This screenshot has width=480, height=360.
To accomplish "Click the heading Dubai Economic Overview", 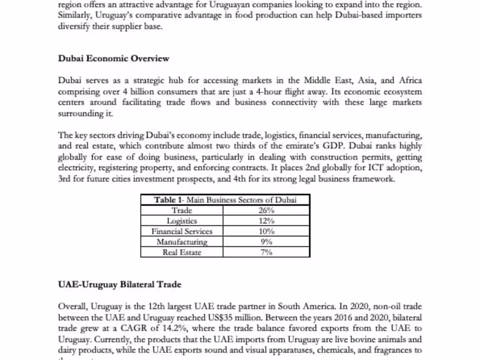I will [113, 58].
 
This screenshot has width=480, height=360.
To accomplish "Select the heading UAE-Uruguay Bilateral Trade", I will [120, 285].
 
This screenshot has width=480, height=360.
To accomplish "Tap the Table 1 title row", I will [225, 200].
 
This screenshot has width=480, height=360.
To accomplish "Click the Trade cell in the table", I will [182, 210].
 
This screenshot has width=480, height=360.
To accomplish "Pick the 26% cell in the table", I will [266, 210].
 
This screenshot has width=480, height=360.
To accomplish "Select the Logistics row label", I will [182, 221].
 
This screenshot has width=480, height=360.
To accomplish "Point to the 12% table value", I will [266, 221].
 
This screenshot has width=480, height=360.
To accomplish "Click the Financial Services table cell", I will [182, 231].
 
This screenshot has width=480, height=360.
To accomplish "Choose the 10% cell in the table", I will [266, 231].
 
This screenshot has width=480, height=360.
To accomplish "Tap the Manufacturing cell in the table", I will [182, 242].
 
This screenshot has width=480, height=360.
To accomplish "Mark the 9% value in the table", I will [266, 242].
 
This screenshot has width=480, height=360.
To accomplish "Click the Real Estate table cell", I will [182, 252].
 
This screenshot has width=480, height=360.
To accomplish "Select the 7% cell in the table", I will [266, 252].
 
